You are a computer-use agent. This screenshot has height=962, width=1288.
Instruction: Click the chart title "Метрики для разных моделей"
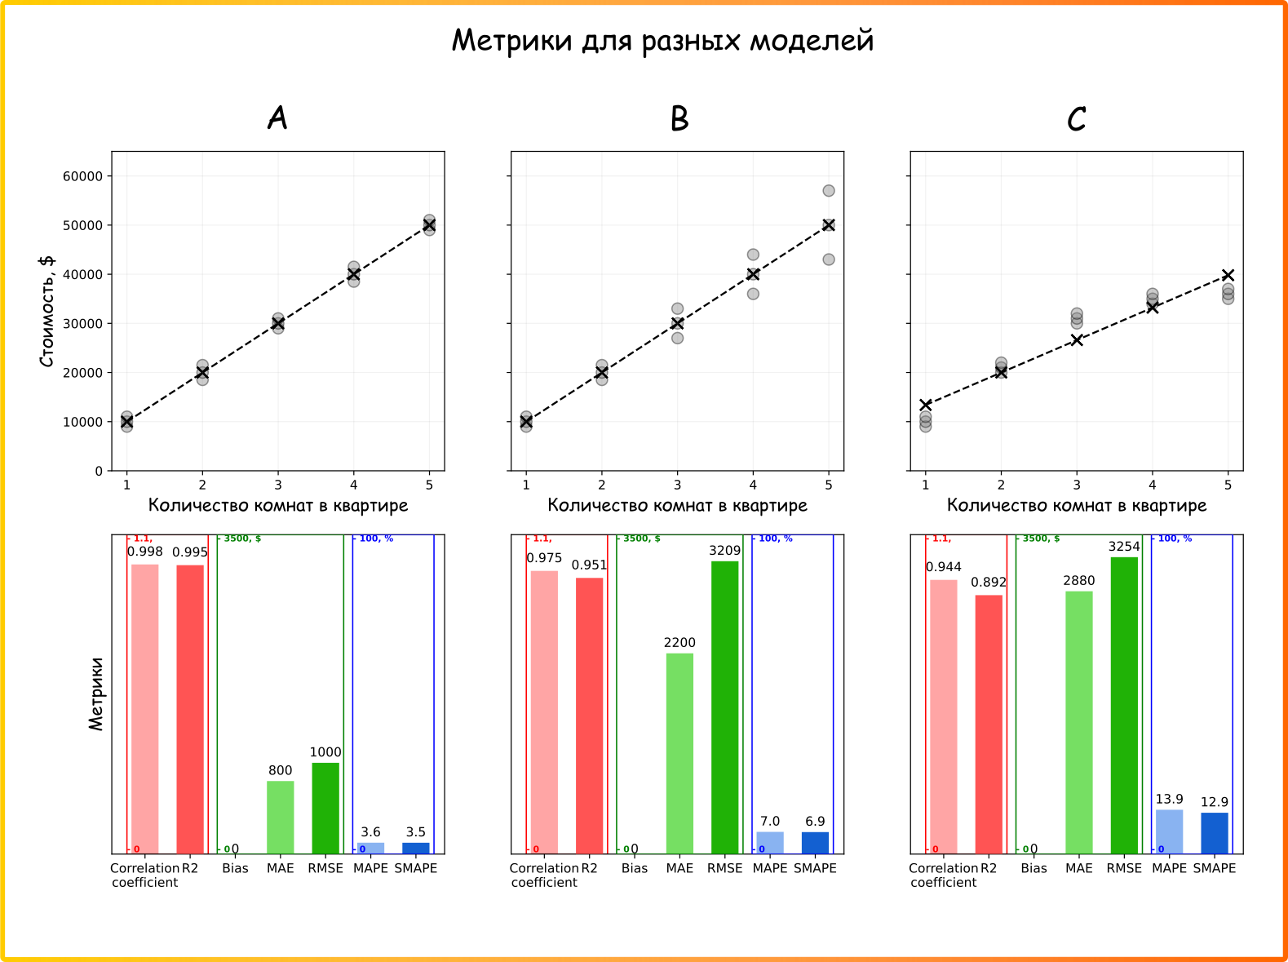pyautogui.click(x=662, y=41)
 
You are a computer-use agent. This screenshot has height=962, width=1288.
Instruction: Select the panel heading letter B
pyautogui.click(x=679, y=118)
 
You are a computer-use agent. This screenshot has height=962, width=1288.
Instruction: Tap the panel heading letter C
pyautogui.click(x=1076, y=118)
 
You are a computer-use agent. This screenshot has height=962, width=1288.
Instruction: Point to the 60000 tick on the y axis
pyautogui.click(x=82, y=176)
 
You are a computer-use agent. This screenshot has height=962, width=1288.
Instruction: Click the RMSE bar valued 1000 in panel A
pyautogui.click(x=325, y=809)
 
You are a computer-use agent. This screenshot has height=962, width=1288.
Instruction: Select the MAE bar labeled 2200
pyautogui.click(x=679, y=754)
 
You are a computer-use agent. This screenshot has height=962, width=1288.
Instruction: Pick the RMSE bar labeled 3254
pyautogui.click(x=1124, y=706)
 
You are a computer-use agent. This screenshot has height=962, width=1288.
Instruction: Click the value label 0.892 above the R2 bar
pyautogui.click(x=988, y=583)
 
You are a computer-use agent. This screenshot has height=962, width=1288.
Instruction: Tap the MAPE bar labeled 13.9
pyautogui.click(x=1169, y=831)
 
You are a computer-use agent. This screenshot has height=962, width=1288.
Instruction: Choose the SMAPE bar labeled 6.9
pyautogui.click(x=815, y=843)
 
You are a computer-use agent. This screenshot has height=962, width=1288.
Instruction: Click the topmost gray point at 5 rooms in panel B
pyautogui.click(x=829, y=191)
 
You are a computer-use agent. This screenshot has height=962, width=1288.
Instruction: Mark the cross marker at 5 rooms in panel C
pyautogui.click(x=1228, y=275)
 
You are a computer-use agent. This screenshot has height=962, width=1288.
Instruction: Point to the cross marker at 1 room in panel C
pyautogui.click(x=925, y=405)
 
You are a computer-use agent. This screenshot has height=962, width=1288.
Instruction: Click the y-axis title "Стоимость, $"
pyautogui.click(x=47, y=311)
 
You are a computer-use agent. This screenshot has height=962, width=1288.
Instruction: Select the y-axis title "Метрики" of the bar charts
pyautogui.click(x=95, y=694)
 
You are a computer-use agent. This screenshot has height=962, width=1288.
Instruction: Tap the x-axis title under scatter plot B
pyautogui.click(x=677, y=505)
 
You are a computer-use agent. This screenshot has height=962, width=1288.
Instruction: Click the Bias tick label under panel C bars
pyautogui.click(x=1033, y=868)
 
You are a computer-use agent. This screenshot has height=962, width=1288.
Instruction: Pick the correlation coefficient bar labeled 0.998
pyautogui.click(x=145, y=709)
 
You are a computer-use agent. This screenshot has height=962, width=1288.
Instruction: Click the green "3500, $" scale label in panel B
pyautogui.click(x=641, y=539)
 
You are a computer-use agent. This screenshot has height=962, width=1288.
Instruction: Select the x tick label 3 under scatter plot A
pyautogui.click(x=278, y=485)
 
